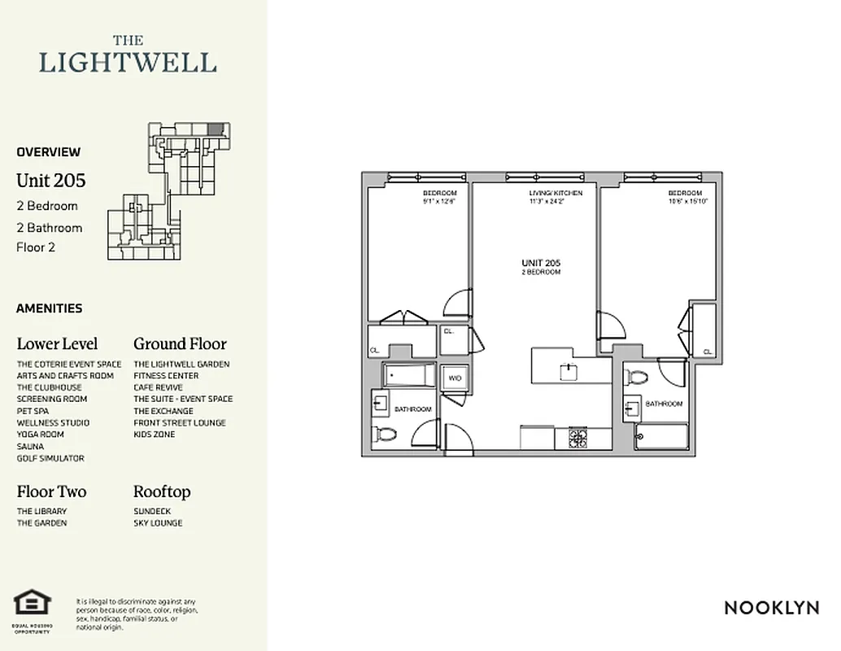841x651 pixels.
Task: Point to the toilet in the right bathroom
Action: coord(638,378)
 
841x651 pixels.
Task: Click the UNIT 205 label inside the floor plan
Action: coord(541,264)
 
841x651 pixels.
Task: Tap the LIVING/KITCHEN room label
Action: coord(555,194)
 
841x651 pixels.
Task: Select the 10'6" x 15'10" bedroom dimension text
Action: coord(688,201)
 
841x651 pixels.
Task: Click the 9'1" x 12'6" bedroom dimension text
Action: coord(438,201)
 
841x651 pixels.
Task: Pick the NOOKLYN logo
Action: coord(771,608)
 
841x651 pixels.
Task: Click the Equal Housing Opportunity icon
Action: coord(33,605)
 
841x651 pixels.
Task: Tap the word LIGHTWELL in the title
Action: coord(129,62)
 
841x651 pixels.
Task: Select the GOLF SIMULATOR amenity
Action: coord(50,458)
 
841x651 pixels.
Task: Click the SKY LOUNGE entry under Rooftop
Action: coord(158,523)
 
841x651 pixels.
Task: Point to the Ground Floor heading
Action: coord(180,344)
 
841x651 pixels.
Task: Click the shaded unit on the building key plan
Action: coord(215,129)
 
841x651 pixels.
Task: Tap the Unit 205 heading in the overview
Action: coord(50,180)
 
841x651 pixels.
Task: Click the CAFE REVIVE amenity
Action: coord(158,387)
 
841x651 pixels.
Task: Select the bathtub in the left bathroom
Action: coord(409,376)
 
